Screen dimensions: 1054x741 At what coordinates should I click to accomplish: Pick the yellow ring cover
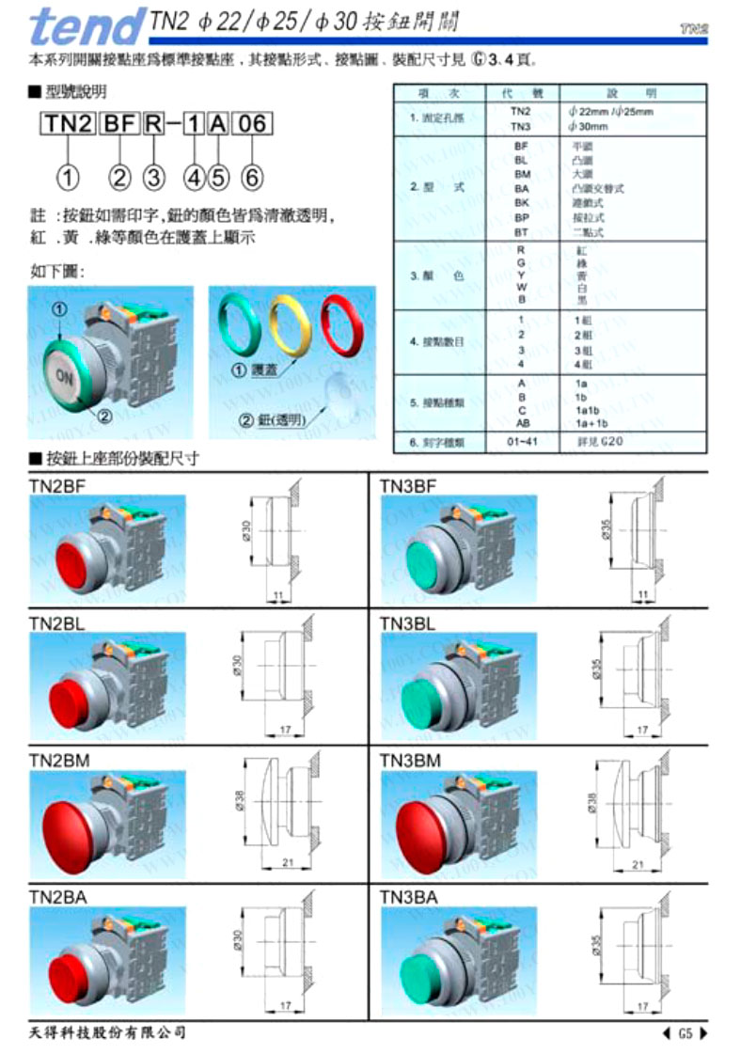pos(291,323)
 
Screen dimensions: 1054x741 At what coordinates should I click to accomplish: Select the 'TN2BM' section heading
pos(59,759)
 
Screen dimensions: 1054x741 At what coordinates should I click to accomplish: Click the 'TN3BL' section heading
pos(407,622)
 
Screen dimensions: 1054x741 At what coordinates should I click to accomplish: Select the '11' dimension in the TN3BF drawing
pos(642,595)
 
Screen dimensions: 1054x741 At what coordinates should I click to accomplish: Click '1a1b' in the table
pos(586,410)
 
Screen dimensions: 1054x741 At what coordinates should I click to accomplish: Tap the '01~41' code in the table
pos(521,441)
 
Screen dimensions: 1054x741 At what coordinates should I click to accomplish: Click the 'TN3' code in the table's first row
pos(521,126)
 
